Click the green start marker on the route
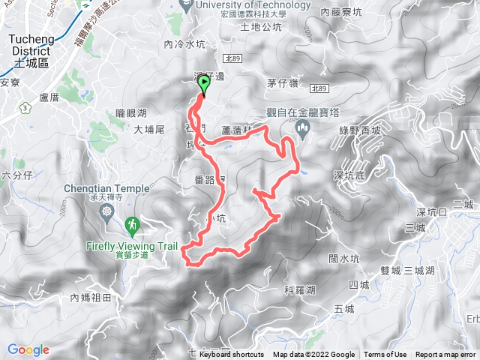pyautogui.click(x=203, y=86)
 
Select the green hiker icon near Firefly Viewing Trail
pyautogui.click(x=132, y=223)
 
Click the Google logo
pyautogui.click(x=28, y=349)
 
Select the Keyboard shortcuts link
pyautogui.click(x=232, y=355)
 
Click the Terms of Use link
pyautogui.click(x=385, y=355)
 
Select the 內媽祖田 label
pyautogui.click(x=91, y=298)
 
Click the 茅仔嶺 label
pyautogui.click(x=283, y=82)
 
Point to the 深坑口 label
pyautogui.click(x=431, y=212)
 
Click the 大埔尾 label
pyautogui.click(x=149, y=130)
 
